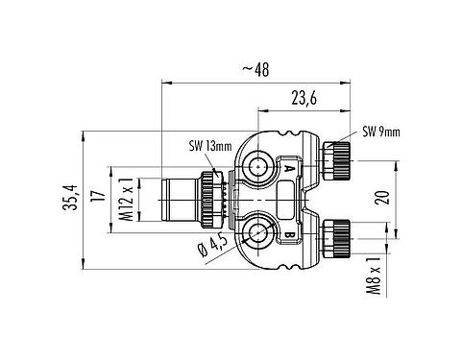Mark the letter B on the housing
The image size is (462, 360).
(x=289, y=233)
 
